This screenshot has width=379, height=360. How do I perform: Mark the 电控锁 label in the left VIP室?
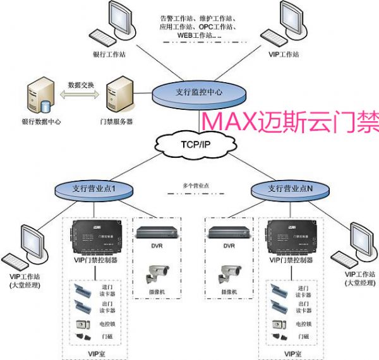point(108,324)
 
